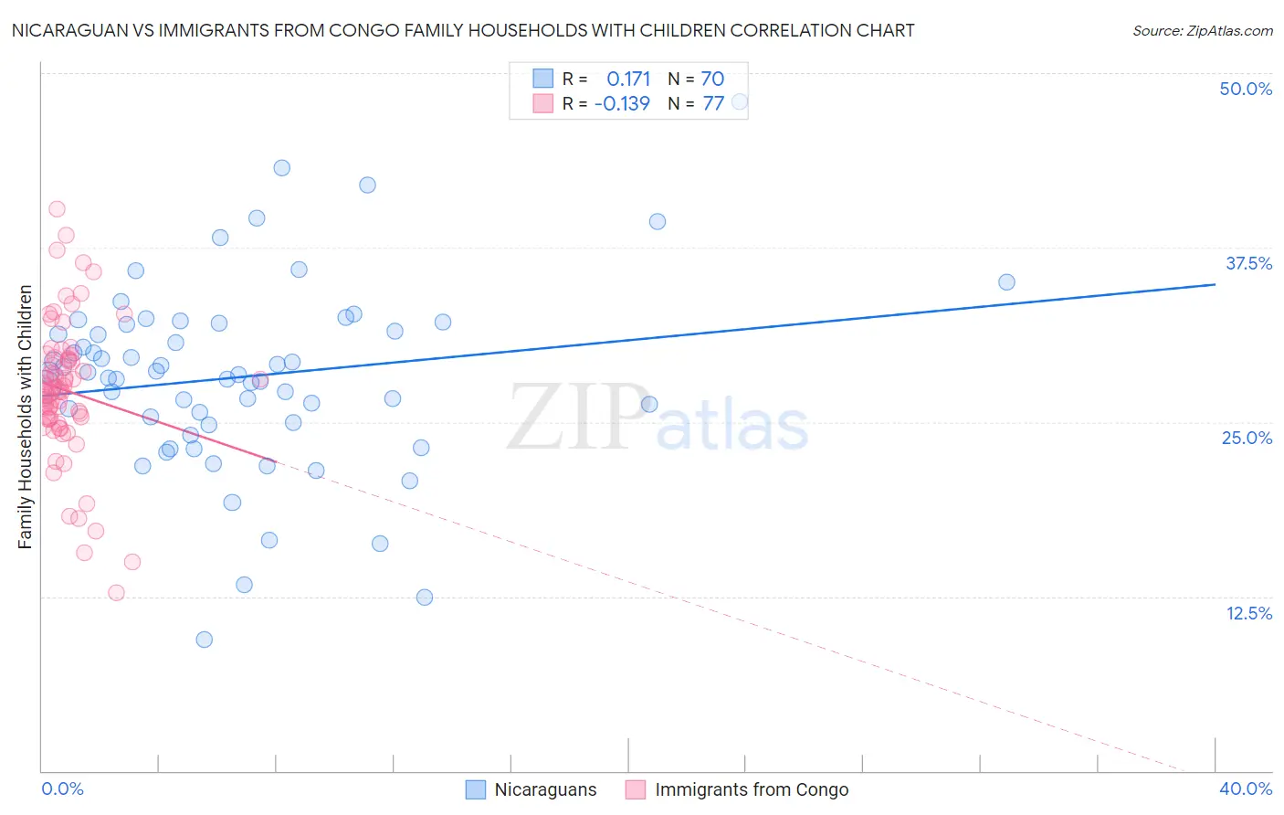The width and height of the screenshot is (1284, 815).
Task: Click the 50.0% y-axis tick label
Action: pyautogui.click(x=1246, y=89)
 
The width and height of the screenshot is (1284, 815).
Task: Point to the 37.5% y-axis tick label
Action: pyautogui.click(x=1248, y=263)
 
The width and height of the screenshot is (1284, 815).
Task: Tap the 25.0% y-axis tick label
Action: pyautogui.click(x=1247, y=438)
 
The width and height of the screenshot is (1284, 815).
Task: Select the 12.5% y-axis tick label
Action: pyautogui.click(x=1248, y=613)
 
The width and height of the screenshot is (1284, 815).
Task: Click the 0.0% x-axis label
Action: pyautogui.click(x=62, y=789)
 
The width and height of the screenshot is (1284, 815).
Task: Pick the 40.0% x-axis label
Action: pyautogui.click(x=1246, y=789)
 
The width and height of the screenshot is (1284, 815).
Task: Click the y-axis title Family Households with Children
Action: pyautogui.click(x=26, y=417)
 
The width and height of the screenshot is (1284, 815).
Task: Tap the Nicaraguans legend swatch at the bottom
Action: pyautogui.click(x=476, y=789)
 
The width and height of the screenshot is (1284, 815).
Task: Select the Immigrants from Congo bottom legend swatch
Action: pyautogui.click(x=636, y=789)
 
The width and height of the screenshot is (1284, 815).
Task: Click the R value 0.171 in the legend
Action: pyautogui.click(x=628, y=79)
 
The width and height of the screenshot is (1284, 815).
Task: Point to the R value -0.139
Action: pyautogui.click(x=622, y=103)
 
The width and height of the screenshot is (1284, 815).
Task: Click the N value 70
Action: pyautogui.click(x=712, y=79)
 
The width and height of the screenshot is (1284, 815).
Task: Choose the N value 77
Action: pyautogui.click(x=713, y=103)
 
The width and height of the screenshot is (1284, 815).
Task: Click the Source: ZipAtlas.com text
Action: pyautogui.click(x=1202, y=31)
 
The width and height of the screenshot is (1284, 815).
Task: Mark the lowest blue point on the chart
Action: pyautogui.click(x=205, y=640)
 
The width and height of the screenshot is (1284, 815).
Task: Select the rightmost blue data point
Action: pyautogui.click(x=1006, y=282)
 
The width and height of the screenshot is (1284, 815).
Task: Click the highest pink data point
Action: pyautogui.click(x=57, y=209)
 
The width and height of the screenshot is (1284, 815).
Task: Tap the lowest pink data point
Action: pyautogui.click(x=116, y=593)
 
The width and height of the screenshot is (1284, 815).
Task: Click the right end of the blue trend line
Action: pyautogui.click(x=1215, y=284)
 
